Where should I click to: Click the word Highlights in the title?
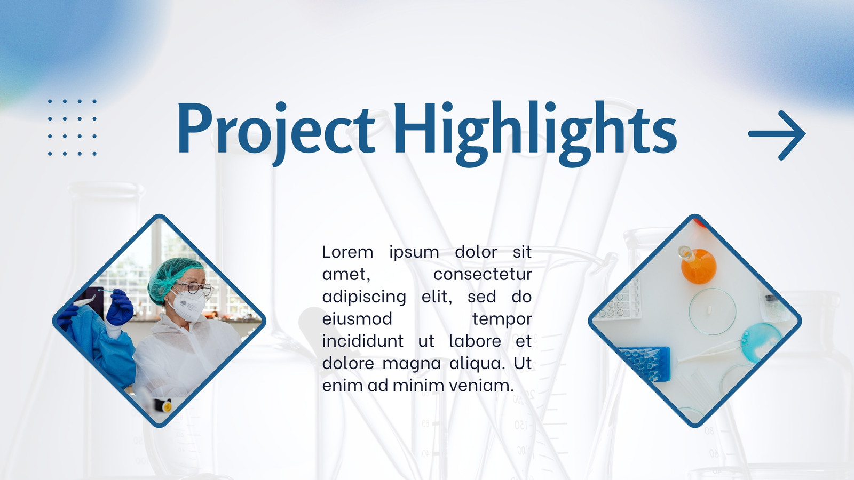(x=535, y=133)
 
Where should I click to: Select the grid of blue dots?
(x=72, y=127)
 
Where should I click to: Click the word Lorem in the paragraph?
(x=347, y=252)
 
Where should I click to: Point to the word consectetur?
(x=483, y=274)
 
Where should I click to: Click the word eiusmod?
(x=357, y=319)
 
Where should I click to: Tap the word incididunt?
(x=362, y=341)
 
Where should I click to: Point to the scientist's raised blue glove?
(x=120, y=307)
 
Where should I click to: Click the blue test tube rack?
(x=644, y=363)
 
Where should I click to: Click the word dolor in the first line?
(x=476, y=252)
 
